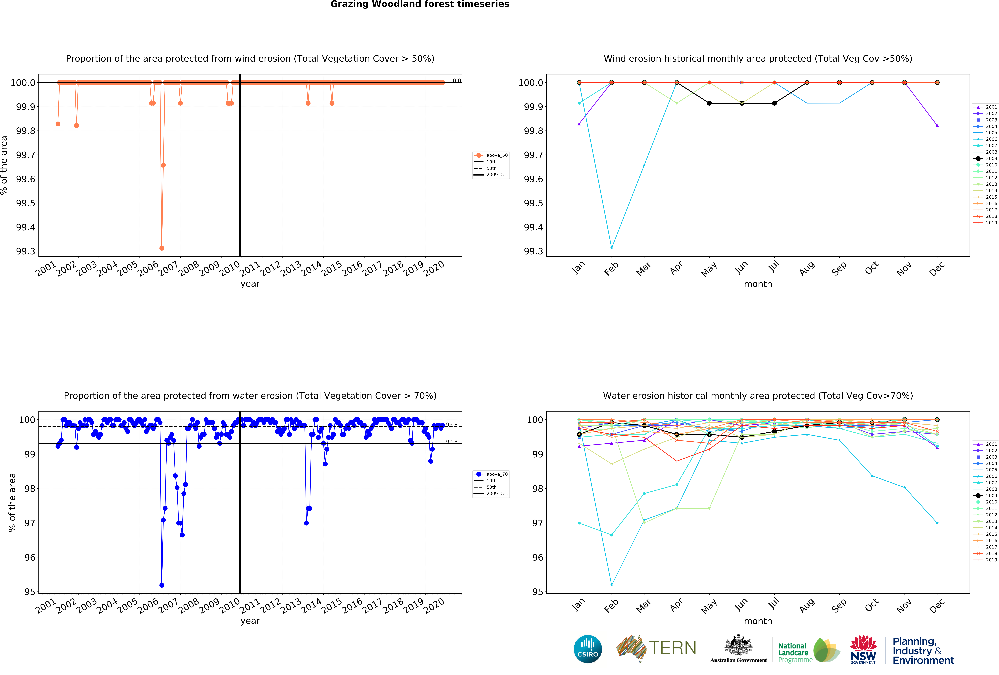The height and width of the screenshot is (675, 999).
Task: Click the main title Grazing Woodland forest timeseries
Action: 420,4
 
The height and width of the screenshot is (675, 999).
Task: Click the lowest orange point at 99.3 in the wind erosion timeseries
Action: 162,248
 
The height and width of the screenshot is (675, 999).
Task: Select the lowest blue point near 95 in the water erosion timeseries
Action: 162,585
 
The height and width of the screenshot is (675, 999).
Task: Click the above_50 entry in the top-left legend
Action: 496,155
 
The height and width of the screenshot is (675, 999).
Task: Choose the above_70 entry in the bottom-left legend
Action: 496,474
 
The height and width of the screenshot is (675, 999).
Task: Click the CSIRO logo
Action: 588,649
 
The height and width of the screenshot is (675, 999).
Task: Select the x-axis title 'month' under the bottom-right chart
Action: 758,621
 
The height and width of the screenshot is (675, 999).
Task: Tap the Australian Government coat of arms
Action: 738,645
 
